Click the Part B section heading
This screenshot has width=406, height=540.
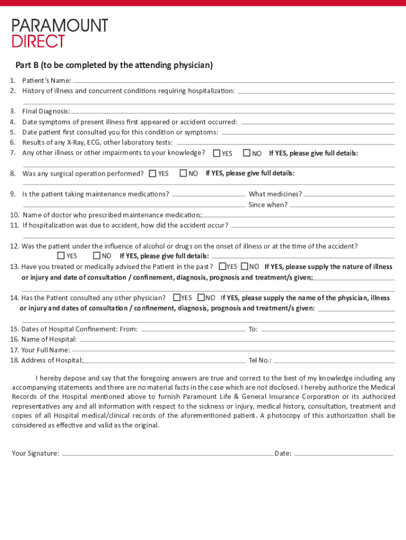point(114,65)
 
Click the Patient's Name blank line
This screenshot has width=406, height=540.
point(233,82)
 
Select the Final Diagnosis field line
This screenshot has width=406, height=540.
point(232,112)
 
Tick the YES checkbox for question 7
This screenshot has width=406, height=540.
point(217,153)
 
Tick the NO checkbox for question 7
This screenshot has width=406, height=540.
point(247,153)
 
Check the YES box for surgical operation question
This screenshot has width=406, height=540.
point(153,173)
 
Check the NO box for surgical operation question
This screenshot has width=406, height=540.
point(183,173)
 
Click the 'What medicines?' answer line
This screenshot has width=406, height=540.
point(349,195)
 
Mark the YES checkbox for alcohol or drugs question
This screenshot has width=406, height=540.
point(61,256)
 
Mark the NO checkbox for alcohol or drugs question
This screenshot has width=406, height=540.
point(96,256)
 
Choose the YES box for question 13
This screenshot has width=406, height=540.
point(223,266)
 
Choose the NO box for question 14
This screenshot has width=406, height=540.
point(201,297)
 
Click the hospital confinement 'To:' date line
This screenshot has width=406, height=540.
point(327,330)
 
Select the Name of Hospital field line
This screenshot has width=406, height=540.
point(236,341)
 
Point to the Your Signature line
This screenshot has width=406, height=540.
point(167,454)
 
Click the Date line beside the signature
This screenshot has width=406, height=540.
point(343,454)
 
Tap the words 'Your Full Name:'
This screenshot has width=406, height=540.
point(45,350)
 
